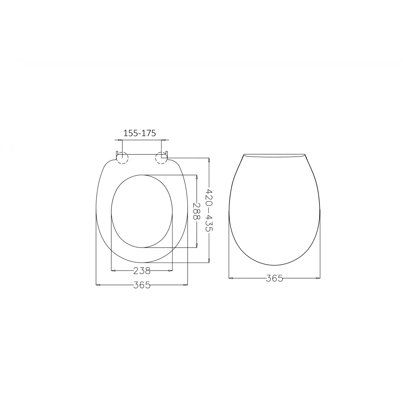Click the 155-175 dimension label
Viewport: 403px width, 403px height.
140,133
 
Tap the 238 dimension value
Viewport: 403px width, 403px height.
142,271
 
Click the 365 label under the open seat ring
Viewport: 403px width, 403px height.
142,285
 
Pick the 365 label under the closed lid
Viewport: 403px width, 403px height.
274,278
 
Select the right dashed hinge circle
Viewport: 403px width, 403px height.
161,158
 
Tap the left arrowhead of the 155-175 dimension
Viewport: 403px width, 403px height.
120,140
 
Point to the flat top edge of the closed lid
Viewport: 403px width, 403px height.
274,154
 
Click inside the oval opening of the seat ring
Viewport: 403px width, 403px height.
142,211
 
